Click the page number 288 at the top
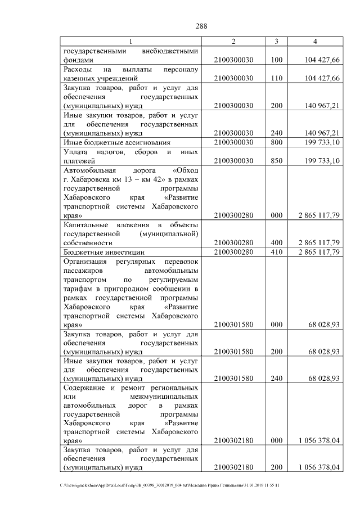[x=202, y=25]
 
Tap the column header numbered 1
[x=130, y=42]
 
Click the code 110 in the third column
[x=276, y=78]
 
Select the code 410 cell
[x=276, y=251]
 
